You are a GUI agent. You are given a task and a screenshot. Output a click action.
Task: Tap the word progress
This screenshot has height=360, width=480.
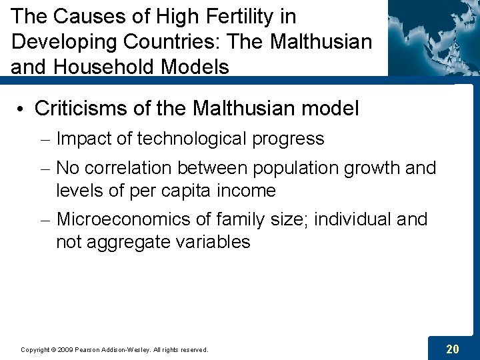[289, 139]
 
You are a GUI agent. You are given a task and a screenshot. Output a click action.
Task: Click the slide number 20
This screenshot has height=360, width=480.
[453, 348]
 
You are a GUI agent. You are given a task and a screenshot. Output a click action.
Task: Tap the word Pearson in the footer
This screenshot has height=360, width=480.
[89, 349]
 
